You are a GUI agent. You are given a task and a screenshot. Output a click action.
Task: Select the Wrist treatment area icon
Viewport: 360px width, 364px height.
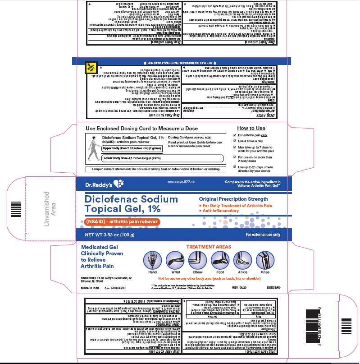coord(174,260)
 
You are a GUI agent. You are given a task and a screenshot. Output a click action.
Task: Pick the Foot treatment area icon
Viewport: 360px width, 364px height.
coord(219,260)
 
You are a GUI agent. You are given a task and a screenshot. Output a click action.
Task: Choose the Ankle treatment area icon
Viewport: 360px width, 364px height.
coord(242,260)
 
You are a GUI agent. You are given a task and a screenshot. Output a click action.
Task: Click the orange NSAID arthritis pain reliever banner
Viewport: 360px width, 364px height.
coord(122,222)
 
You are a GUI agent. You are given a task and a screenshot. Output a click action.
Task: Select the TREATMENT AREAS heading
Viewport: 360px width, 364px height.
coord(209,247)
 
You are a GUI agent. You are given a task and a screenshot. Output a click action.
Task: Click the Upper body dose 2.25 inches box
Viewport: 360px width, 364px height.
coord(131,148)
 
